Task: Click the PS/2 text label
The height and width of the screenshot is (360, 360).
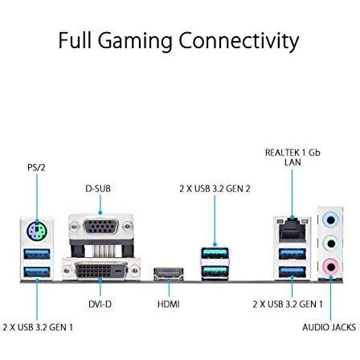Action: [x=36, y=167]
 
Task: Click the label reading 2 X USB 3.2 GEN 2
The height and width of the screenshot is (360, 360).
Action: [x=215, y=188]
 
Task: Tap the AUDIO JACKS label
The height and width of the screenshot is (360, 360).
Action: [x=329, y=327]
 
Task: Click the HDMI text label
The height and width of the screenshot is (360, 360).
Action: [x=168, y=305]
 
